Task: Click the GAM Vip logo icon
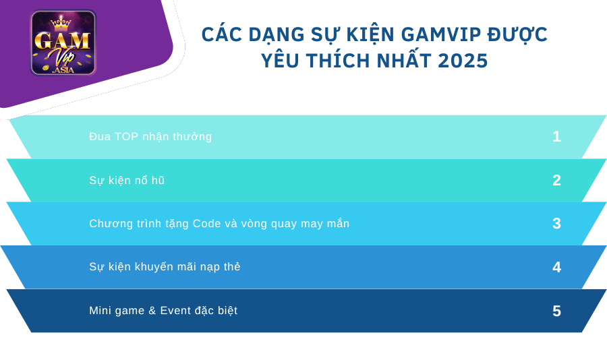tap(63, 42)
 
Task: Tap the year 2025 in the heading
tap(462, 61)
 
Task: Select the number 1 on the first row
tap(556, 136)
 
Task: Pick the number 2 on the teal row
tap(556, 180)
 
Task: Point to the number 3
tap(556, 223)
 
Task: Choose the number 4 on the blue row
tap(556, 267)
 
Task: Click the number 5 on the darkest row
tap(556, 311)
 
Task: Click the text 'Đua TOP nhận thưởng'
tap(150, 136)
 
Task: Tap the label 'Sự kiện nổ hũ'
tap(127, 180)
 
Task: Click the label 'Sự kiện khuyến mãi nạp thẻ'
tap(165, 267)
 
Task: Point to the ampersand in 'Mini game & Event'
tap(152, 311)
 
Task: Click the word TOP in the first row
tap(127, 136)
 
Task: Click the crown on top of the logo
tap(61, 22)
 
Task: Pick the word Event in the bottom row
tap(175, 311)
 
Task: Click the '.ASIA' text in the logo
tap(62, 69)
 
